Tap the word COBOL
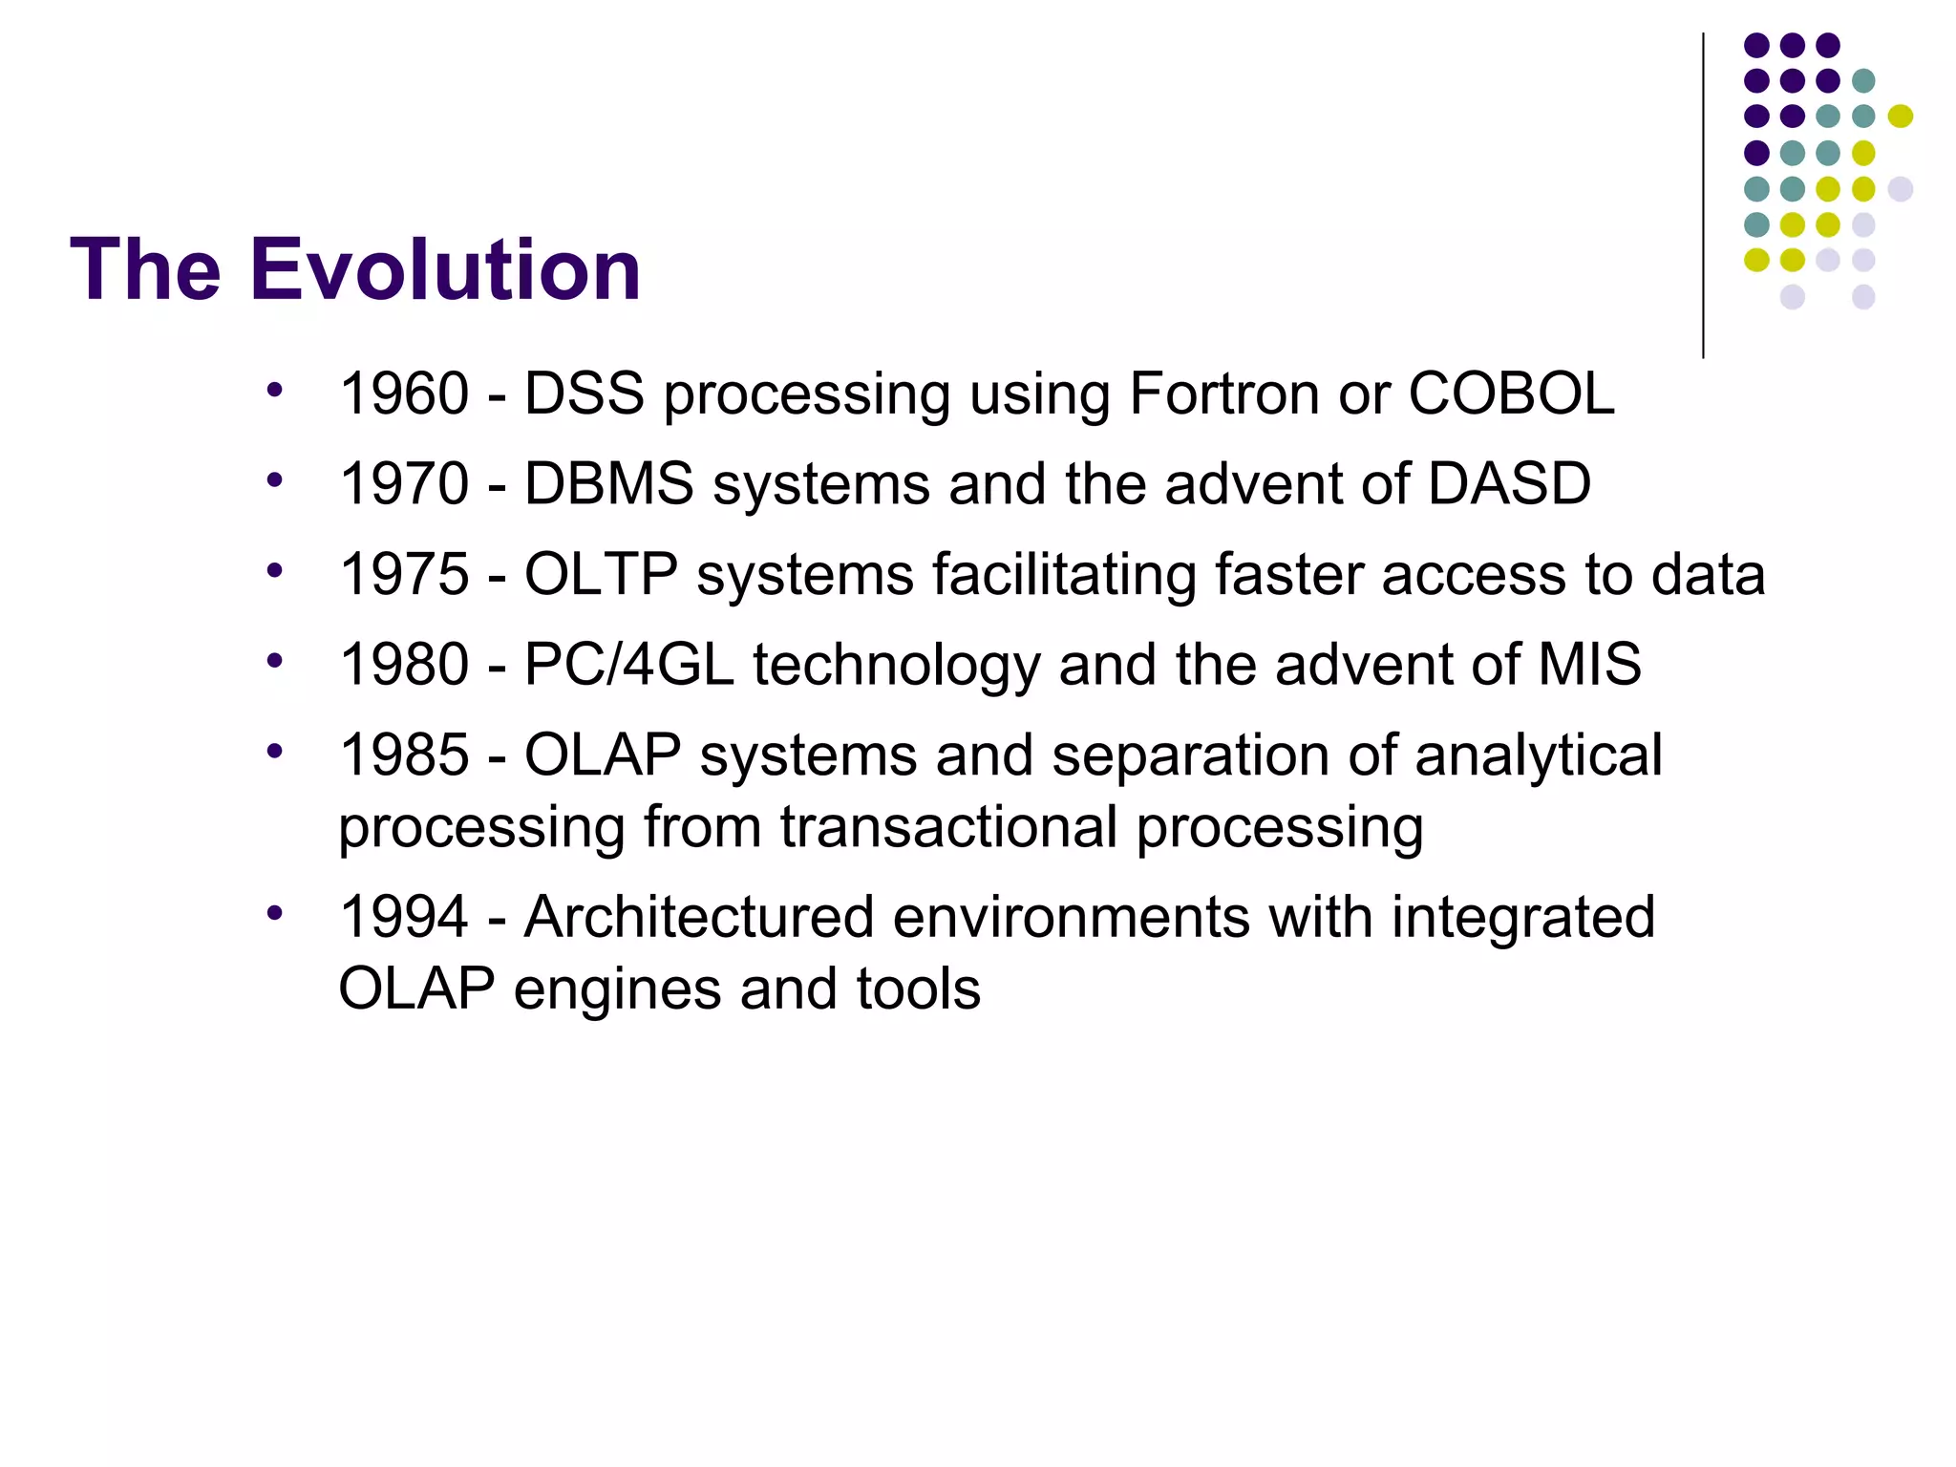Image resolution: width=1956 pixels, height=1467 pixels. click(1511, 393)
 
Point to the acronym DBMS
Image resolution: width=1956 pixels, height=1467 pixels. click(608, 483)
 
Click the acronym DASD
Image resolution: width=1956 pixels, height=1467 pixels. click(1509, 483)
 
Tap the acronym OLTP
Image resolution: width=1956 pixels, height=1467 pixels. click(601, 574)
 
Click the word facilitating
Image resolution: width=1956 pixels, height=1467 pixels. click(1064, 574)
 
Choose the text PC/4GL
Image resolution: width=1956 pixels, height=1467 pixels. click(628, 664)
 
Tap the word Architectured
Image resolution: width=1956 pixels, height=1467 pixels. click(699, 917)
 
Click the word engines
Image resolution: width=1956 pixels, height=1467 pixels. click(617, 990)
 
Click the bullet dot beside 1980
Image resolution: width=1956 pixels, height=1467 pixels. click(275, 660)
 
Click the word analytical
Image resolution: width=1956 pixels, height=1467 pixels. click(1538, 755)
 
